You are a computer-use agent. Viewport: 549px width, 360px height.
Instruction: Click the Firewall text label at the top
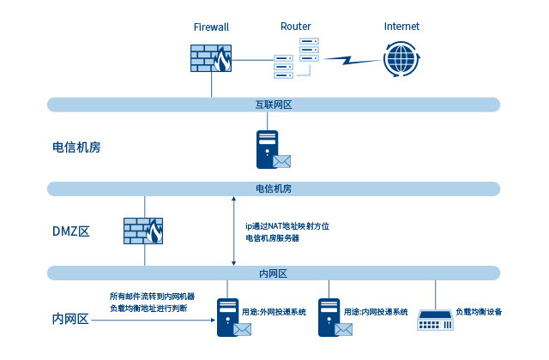(x=211, y=27)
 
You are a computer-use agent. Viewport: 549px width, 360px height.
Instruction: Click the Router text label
(x=296, y=27)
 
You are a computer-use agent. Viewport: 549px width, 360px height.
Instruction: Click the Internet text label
(x=401, y=27)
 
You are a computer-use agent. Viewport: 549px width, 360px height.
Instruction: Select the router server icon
(x=296, y=59)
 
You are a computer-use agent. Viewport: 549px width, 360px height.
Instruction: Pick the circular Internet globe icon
(x=401, y=59)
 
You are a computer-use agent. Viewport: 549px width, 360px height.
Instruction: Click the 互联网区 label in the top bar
(x=274, y=105)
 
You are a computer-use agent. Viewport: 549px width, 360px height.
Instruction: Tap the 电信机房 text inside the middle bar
(x=274, y=189)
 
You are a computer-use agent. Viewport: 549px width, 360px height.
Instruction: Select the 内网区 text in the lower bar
(x=273, y=273)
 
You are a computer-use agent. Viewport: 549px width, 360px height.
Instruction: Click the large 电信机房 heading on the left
(x=77, y=147)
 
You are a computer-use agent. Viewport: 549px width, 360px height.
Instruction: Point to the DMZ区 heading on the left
(x=71, y=231)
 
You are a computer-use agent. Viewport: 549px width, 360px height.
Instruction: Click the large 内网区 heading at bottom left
(x=71, y=319)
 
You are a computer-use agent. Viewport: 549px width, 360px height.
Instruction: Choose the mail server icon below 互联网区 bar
(x=273, y=149)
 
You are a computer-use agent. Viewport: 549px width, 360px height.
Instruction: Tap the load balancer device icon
(x=435, y=320)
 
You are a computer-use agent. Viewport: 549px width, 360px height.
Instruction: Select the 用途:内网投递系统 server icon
(x=331, y=316)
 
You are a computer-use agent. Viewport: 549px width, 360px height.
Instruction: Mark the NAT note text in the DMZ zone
(x=287, y=231)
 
